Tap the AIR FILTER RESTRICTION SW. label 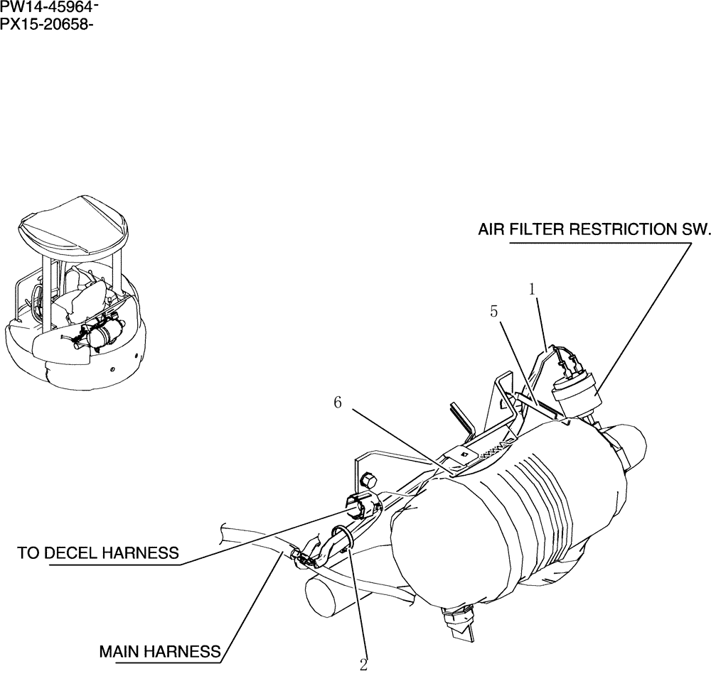594,230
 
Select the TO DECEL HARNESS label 98,553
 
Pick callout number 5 495,311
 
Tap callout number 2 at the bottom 364,665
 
